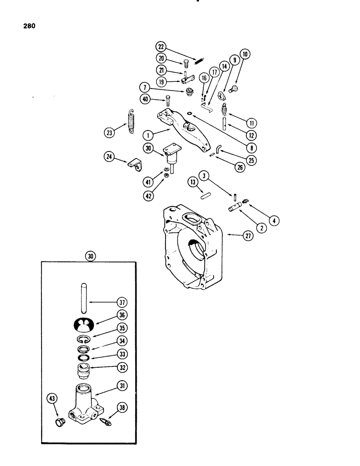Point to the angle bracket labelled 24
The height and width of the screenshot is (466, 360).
135,163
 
